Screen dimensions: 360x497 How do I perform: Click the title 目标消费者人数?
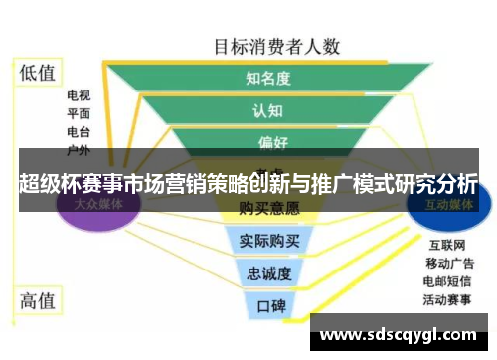tap(277, 46)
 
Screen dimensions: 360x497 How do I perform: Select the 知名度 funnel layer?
tap(268, 78)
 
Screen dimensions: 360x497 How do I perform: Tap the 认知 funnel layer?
tap(268, 110)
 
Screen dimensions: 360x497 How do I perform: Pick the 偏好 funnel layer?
tap(268, 142)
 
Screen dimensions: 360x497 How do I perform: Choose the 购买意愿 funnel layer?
tap(268, 208)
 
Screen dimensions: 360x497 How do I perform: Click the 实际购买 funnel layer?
tap(268, 240)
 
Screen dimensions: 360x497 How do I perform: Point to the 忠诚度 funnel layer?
tap(268, 272)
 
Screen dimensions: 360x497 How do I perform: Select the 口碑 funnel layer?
tap(268, 305)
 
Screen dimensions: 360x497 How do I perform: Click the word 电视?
tap(79, 96)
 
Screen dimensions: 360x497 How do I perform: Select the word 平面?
tap(79, 114)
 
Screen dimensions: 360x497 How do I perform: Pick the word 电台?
tap(79, 131)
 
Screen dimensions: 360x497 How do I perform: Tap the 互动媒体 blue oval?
tap(447, 205)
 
